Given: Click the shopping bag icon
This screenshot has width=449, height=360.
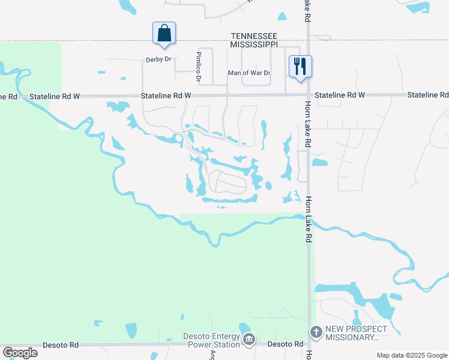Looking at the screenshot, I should (164, 33).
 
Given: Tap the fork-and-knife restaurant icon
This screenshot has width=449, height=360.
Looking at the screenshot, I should (300, 65).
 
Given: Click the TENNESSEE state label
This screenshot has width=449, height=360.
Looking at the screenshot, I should (255, 37).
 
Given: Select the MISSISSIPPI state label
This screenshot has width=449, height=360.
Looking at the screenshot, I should (255, 44).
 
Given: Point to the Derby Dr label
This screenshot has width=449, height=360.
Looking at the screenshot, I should (158, 60).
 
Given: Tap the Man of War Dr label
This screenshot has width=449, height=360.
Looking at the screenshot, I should (249, 73).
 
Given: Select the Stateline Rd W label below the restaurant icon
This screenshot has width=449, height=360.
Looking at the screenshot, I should (339, 95).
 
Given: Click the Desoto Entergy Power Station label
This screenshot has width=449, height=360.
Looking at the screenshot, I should (213, 340).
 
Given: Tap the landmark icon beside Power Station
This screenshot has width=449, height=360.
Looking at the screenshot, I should (249, 340).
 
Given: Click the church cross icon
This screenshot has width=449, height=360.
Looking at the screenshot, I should (316, 332).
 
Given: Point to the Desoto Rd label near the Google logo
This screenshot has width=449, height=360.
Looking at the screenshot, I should (61, 345).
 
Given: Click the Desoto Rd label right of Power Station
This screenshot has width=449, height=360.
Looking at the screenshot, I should (285, 344).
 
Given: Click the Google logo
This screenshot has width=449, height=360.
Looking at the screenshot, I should (20, 352).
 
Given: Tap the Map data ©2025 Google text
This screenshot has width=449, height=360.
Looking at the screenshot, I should (411, 355).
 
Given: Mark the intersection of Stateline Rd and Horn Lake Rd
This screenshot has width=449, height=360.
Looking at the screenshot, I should (308, 95).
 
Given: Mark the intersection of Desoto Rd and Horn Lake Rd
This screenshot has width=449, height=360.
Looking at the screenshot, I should (310, 345).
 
